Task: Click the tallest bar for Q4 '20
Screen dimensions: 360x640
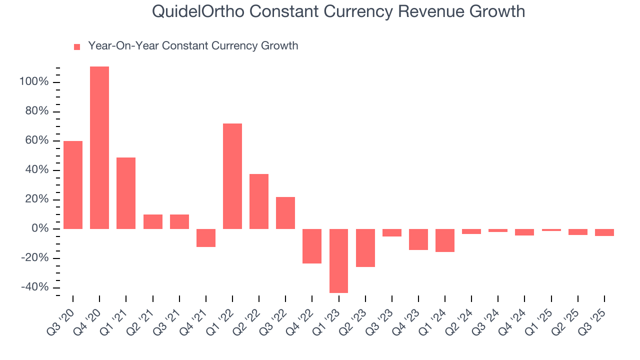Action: tap(99, 147)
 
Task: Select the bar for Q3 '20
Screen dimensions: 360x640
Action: tap(73, 185)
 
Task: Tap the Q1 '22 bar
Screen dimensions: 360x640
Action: tap(232, 176)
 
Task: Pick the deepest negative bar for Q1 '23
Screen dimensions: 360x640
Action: tap(338, 260)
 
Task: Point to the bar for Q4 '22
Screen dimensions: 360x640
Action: tap(312, 246)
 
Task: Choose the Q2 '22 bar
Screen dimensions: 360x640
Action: tap(259, 201)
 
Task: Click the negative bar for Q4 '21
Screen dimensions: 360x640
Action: tap(206, 238)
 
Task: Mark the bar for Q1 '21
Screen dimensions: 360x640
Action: tap(126, 193)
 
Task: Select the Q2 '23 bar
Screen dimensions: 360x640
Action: tap(365, 247)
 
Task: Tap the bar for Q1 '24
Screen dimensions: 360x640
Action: tap(445, 240)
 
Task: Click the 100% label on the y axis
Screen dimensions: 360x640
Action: tap(33, 82)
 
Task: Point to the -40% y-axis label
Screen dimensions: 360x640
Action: tap(34, 287)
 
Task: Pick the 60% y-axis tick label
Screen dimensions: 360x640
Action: tap(36, 141)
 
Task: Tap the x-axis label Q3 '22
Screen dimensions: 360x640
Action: tap(274, 319)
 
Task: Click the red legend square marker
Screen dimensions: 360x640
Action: tap(77, 47)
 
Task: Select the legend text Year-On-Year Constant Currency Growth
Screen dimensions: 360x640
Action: tap(193, 46)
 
